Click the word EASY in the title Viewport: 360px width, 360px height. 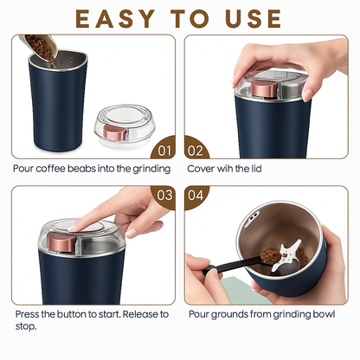pos(115,19)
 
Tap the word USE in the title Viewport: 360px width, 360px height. pos(254,19)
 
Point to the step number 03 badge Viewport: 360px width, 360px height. pos(164,196)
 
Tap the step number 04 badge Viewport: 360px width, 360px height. pos(196,196)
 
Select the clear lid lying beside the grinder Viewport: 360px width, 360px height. pos(125,126)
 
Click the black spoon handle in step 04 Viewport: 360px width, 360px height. pos(231,265)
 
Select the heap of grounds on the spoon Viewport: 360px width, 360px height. pos(270,254)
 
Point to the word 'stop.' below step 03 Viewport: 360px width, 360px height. pos(26,327)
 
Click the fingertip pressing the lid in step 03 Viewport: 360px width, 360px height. pos(73,228)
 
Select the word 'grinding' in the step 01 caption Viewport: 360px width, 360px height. pos(151,169)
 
